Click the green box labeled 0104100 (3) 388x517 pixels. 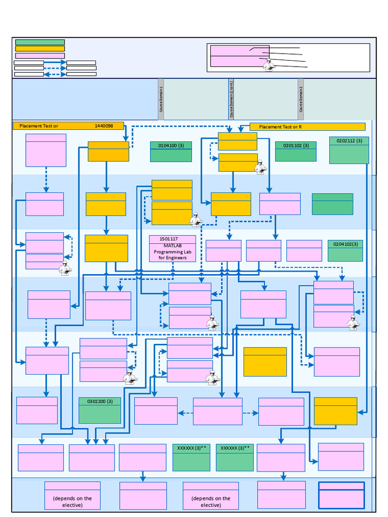[x=171, y=151]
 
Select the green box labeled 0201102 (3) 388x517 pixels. [x=296, y=151]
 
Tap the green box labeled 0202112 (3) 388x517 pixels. [x=349, y=150]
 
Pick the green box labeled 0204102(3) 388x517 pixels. [x=345, y=250]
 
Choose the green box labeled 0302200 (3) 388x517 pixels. [x=100, y=410]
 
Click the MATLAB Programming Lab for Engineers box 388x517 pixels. [x=172, y=251]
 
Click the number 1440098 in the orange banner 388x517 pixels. [x=104, y=126]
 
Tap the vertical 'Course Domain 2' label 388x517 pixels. [x=301, y=99]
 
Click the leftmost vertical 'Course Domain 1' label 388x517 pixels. [x=161, y=99]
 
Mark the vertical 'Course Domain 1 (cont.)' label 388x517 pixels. [x=231, y=99]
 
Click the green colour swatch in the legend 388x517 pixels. [x=40, y=42]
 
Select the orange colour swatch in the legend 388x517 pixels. [x=40, y=49]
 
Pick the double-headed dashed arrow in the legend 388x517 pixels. [x=55, y=74]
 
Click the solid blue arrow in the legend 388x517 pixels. [x=55, y=63]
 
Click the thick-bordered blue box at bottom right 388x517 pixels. [x=341, y=495]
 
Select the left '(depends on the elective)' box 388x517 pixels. [x=72, y=495]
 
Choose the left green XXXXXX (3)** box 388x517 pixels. [x=191, y=457]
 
